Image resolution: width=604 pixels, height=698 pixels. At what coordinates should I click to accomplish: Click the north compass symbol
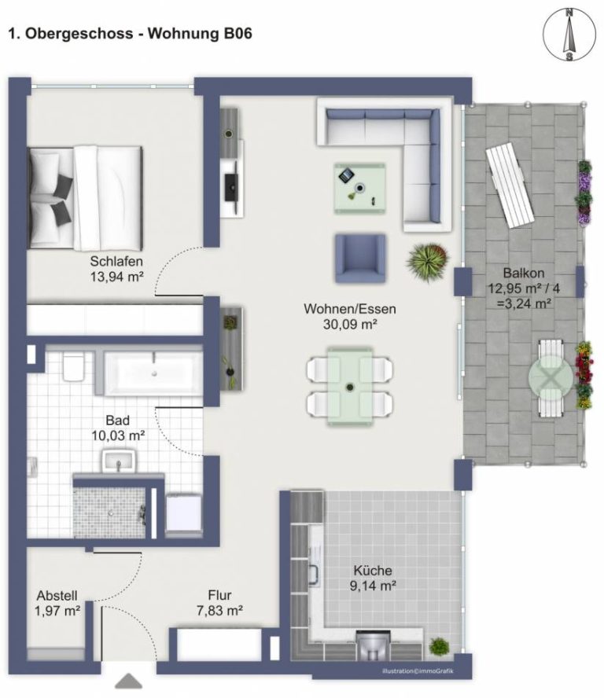(569, 35)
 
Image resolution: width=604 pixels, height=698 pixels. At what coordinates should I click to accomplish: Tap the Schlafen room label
(116, 261)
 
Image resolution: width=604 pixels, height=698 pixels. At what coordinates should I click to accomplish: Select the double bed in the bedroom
(85, 197)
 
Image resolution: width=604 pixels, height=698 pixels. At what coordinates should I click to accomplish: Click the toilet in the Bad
(73, 367)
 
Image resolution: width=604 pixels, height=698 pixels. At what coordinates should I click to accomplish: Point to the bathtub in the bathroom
(153, 373)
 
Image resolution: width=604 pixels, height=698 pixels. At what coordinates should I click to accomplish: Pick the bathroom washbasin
(119, 461)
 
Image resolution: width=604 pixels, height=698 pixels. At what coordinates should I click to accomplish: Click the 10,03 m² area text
(118, 435)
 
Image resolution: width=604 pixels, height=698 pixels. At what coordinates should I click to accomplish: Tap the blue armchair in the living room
(360, 259)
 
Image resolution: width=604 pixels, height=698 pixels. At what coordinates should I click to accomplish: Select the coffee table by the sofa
(360, 188)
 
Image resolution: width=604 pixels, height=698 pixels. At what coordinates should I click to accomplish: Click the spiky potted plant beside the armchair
(427, 262)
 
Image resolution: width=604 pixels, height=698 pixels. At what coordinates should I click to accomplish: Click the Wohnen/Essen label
(350, 309)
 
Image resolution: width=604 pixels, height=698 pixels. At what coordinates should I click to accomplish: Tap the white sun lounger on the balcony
(510, 187)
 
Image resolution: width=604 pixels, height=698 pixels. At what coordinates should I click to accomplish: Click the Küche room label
(373, 570)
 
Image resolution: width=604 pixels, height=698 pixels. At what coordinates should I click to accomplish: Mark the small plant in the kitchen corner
(439, 646)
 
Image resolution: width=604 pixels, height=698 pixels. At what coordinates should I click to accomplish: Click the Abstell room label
(57, 596)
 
